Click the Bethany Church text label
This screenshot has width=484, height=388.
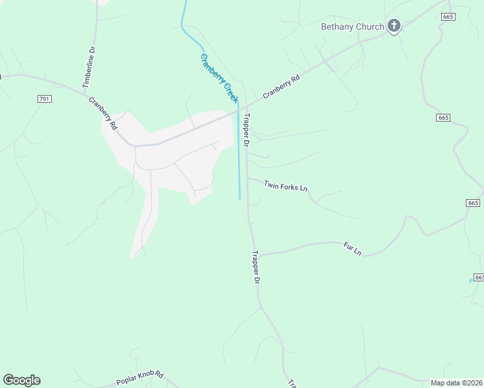click(x=353, y=27)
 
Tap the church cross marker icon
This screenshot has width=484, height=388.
click(x=393, y=26)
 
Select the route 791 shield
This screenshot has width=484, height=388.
click(x=44, y=98)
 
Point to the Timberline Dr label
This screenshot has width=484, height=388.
click(x=89, y=67)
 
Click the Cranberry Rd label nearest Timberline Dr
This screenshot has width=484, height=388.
click(x=103, y=113)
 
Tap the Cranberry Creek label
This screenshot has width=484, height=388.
click(x=219, y=78)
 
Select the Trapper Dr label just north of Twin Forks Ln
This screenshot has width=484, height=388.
click(x=247, y=130)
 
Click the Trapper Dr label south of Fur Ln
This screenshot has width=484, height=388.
click(x=256, y=267)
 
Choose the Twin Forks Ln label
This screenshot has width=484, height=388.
click(x=285, y=186)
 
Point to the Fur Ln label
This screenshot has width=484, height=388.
click(x=352, y=248)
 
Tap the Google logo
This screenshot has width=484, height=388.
click(x=21, y=380)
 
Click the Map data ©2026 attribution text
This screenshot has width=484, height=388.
click(x=456, y=383)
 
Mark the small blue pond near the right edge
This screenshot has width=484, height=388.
click(x=470, y=281)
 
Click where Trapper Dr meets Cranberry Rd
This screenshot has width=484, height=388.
click(x=243, y=108)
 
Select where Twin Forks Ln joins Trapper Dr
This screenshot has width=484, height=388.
click(x=248, y=179)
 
